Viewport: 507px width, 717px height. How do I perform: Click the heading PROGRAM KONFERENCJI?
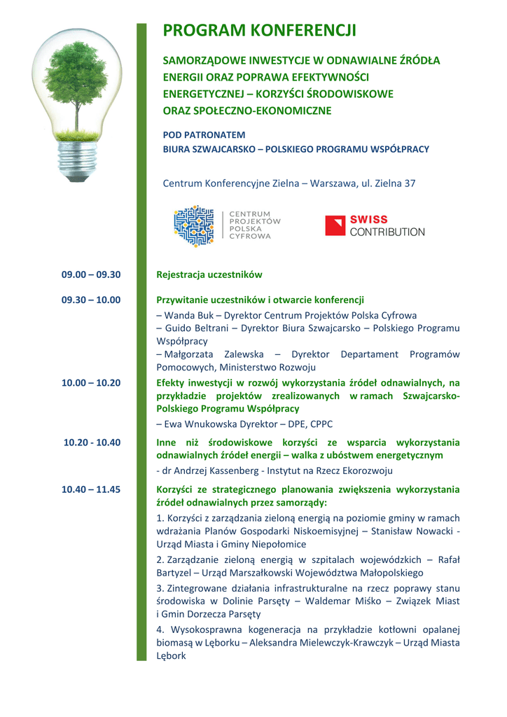click(259, 31)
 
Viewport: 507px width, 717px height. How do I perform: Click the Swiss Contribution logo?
click(375, 225)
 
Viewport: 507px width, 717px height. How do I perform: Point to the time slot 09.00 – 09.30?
click(91, 274)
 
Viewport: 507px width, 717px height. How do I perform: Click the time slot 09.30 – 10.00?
click(91, 300)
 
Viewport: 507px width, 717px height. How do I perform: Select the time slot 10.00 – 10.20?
click(91, 382)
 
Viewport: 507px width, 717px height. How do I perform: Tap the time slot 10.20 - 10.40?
click(92, 442)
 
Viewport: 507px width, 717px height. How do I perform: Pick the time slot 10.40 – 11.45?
click(91, 489)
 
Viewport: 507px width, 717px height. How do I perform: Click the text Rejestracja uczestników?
click(209, 274)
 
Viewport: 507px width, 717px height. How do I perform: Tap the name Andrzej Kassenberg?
click(202, 471)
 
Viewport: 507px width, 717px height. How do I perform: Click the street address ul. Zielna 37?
click(388, 183)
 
